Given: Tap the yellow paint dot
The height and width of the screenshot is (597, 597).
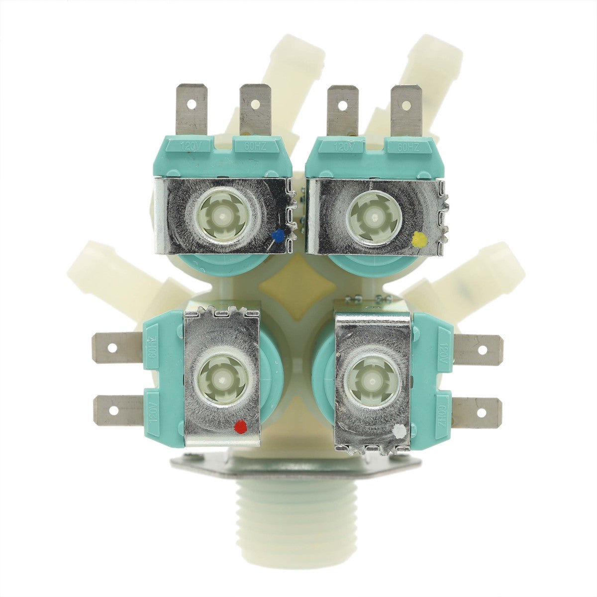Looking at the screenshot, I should coord(420,240).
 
